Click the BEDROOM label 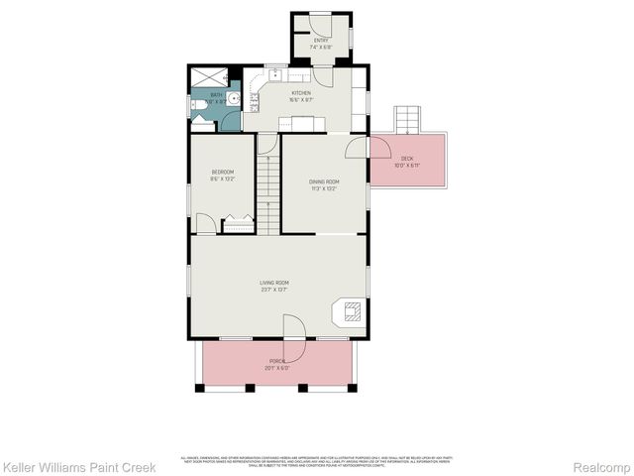tap(222, 176)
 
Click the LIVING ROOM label tap(273, 287)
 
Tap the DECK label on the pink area tap(406, 161)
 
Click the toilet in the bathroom tap(198, 116)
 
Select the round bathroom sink tap(233, 99)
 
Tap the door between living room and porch tap(293, 328)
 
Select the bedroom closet tap(239, 225)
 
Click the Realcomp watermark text tap(597, 466)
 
